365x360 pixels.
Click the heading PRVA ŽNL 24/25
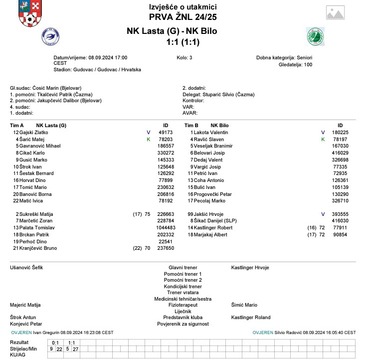pos(182,17)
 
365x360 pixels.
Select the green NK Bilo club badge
pos(315,36)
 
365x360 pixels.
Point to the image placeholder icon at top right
pos(338,13)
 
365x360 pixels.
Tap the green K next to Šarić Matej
pos(148,139)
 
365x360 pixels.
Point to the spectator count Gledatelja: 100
pos(296,65)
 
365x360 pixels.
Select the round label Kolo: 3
pos(184,58)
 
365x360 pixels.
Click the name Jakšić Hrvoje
pos(208,214)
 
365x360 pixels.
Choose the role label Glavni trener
pos(182,268)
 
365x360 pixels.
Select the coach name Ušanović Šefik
pos(26,268)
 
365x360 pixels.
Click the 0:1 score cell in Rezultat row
pos(55,343)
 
